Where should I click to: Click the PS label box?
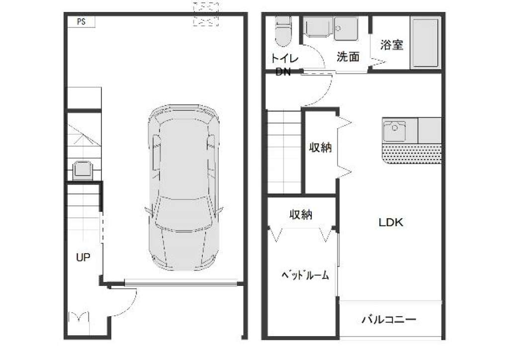pyautogui.click(x=82, y=22)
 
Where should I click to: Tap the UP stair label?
pyautogui.click(x=83, y=258)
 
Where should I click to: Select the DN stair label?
pyautogui.click(x=283, y=72)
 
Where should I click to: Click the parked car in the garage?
pyautogui.click(x=184, y=187)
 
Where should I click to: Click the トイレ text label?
pyautogui.click(x=284, y=59)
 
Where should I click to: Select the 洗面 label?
pyautogui.click(x=348, y=57)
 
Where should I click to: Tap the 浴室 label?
pyautogui.click(x=392, y=45)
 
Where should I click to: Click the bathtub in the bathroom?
pyautogui.click(x=425, y=42)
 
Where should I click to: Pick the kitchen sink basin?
pyautogui.click(x=394, y=130)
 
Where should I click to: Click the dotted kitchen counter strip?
pyautogui.click(x=412, y=154)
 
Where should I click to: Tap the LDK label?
pyautogui.click(x=391, y=222)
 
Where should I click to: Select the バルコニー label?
pyautogui.click(x=389, y=319)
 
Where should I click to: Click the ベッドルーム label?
pyautogui.click(x=305, y=275)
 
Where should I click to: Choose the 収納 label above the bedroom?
pyautogui.click(x=301, y=215)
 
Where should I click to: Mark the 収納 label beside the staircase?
pyautogui.click(x=321, y=148)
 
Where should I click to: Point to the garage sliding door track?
pyautogui.click(x=180, y=283)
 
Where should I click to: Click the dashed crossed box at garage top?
pyautogui.click(x=206, y=14)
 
